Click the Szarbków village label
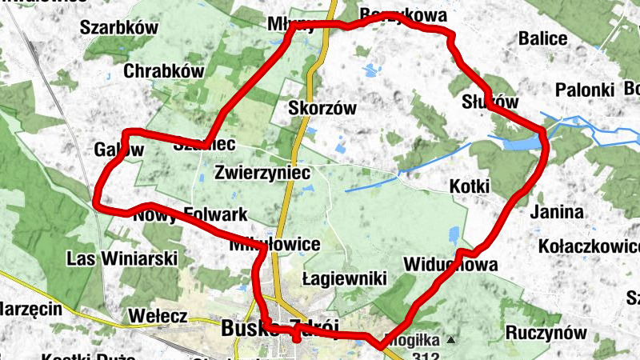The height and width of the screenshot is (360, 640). (118, 27)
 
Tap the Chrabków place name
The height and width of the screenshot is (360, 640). (164, 71)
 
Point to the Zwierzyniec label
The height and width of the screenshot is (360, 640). (262, 171)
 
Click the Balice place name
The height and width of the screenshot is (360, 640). (543, 38)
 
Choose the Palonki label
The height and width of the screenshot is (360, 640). (584, 89)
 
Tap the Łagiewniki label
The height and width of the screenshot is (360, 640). (345, 279)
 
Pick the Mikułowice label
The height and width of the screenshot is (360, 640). (275, 244)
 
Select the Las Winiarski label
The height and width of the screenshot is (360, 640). (122, 258)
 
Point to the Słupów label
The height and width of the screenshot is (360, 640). (490, 102)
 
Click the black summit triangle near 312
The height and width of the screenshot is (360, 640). (450, 340)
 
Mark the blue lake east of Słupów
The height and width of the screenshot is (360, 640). (518, 143)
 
